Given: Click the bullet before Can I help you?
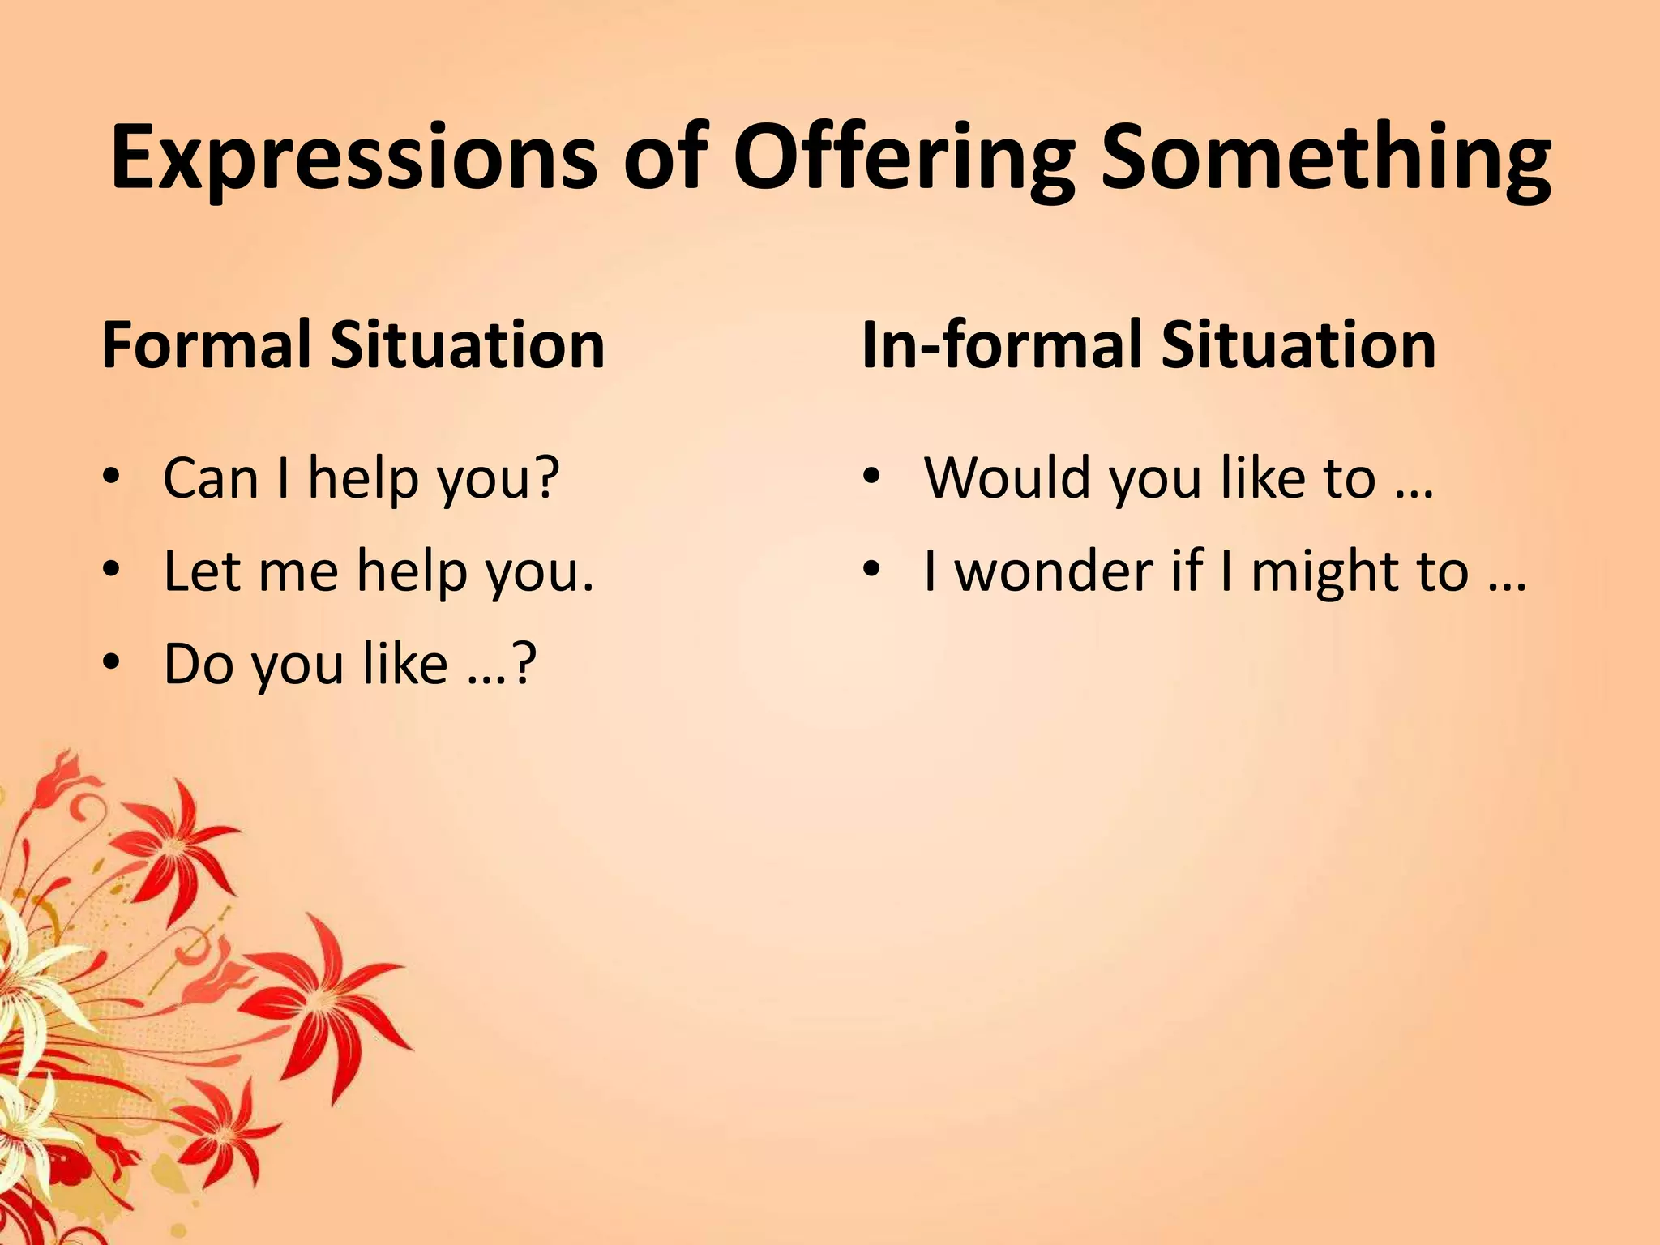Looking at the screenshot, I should pyautogui.click(x=111, y=477).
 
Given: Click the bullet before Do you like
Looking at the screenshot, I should pyautogui.click(x=111, y=663).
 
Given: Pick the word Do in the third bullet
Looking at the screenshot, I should pyautogui.click(x=198, y=663).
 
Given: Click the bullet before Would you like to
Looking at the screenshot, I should pyautogui.click(x=871, y=477).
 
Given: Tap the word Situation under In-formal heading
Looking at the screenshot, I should pyautogui.click(x=1298, y=344).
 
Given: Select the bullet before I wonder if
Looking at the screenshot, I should pyautogui.click(x=871, y=571).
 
